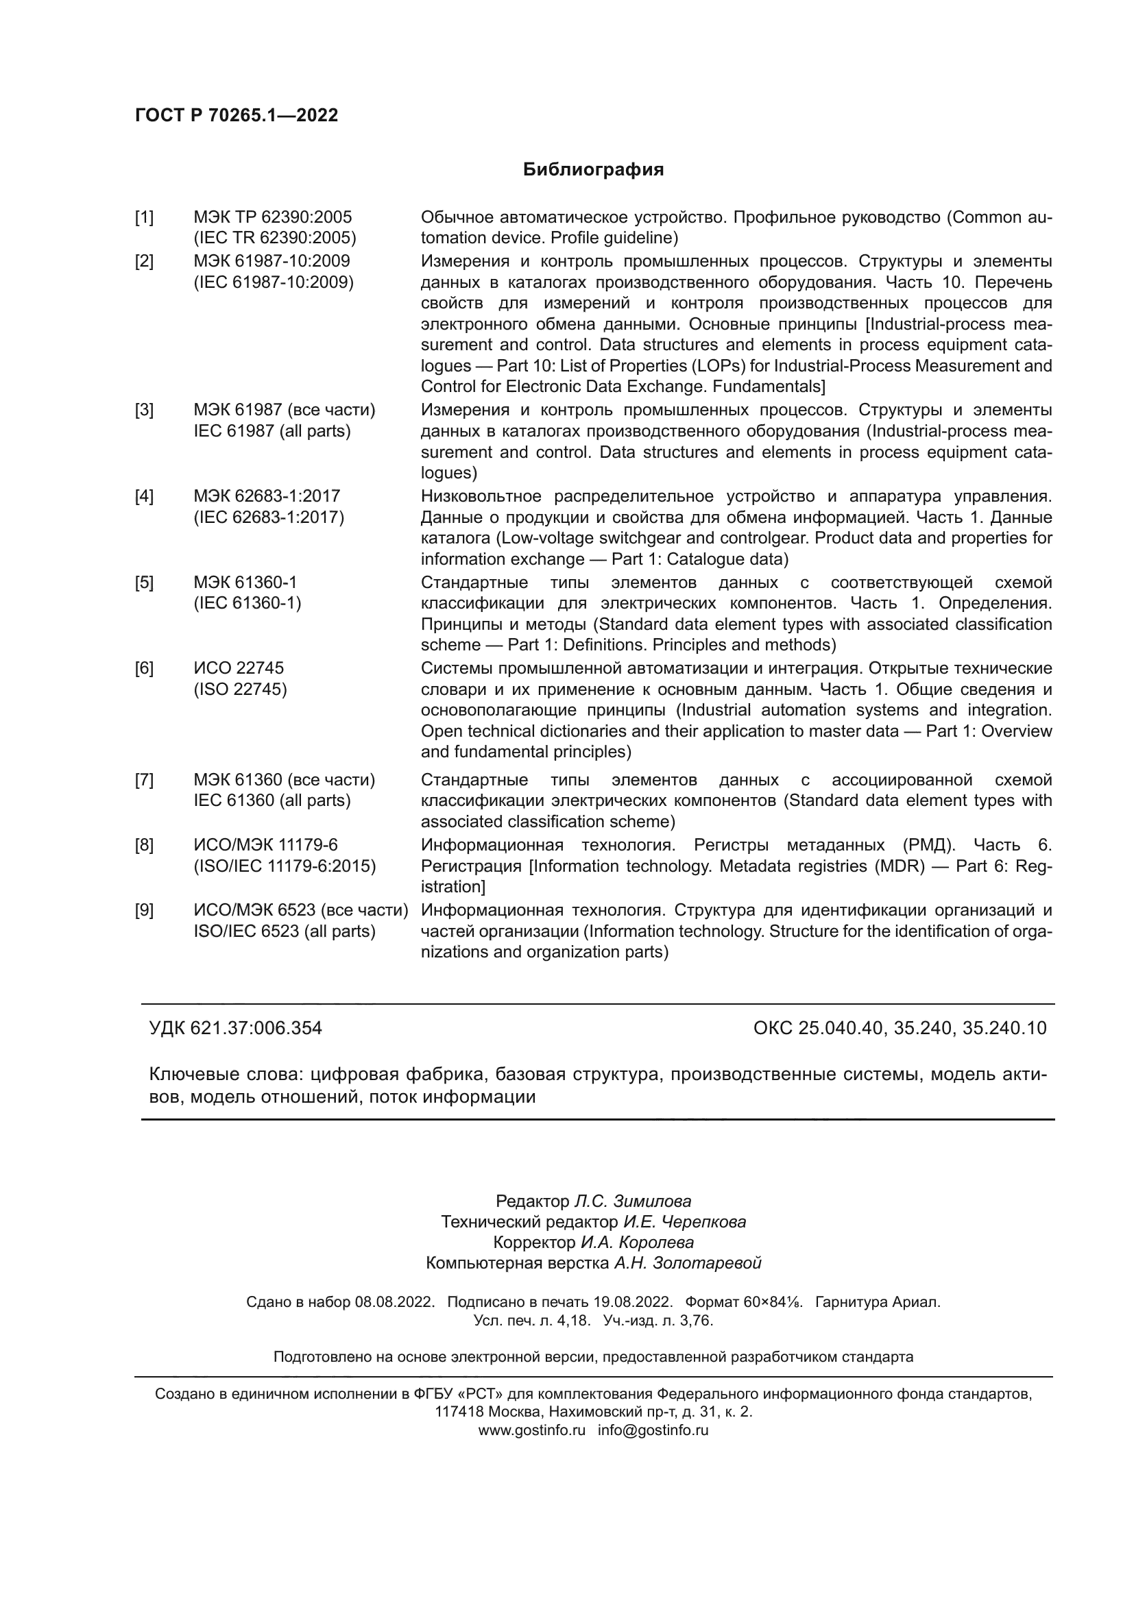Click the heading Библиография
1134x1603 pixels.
[x=593, y=170]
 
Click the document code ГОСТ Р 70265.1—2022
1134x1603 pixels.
[x=236, y=115]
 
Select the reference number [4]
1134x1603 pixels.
[x=144, y=496]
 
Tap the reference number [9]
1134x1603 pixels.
[x=144, y=910]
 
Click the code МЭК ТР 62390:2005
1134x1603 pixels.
[x=272, y=217]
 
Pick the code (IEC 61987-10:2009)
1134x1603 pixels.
[x=274, y=282]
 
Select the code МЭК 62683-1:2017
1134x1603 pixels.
[x=267, y=496]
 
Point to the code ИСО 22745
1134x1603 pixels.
[x=239, y=668]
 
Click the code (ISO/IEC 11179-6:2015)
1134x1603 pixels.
[x=285, y=866]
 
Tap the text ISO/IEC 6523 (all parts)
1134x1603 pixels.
[x=285, y=931]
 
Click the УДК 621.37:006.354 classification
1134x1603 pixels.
[x=235, y=1029]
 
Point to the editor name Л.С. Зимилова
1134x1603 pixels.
[x=633, y=1201]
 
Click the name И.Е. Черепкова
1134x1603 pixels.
[x=684, y=1222]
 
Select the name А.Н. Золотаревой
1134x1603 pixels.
[x=687, y=1263]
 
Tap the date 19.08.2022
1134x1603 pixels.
[x=633, y=1302]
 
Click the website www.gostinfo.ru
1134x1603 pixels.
[x=531, y=1430]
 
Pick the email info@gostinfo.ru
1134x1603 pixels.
[x=653, y=1430]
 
